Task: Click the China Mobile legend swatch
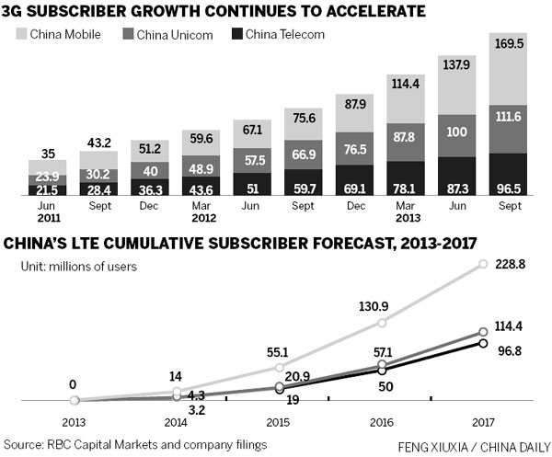pyautogui.click(x=18, y=36)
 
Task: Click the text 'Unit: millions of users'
pyautogui.click(x=81, y=268)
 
